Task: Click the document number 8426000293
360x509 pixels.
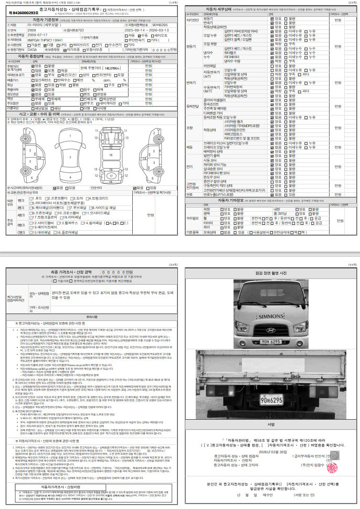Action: coord(22,11)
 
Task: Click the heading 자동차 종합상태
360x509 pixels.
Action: coord(31,56)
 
